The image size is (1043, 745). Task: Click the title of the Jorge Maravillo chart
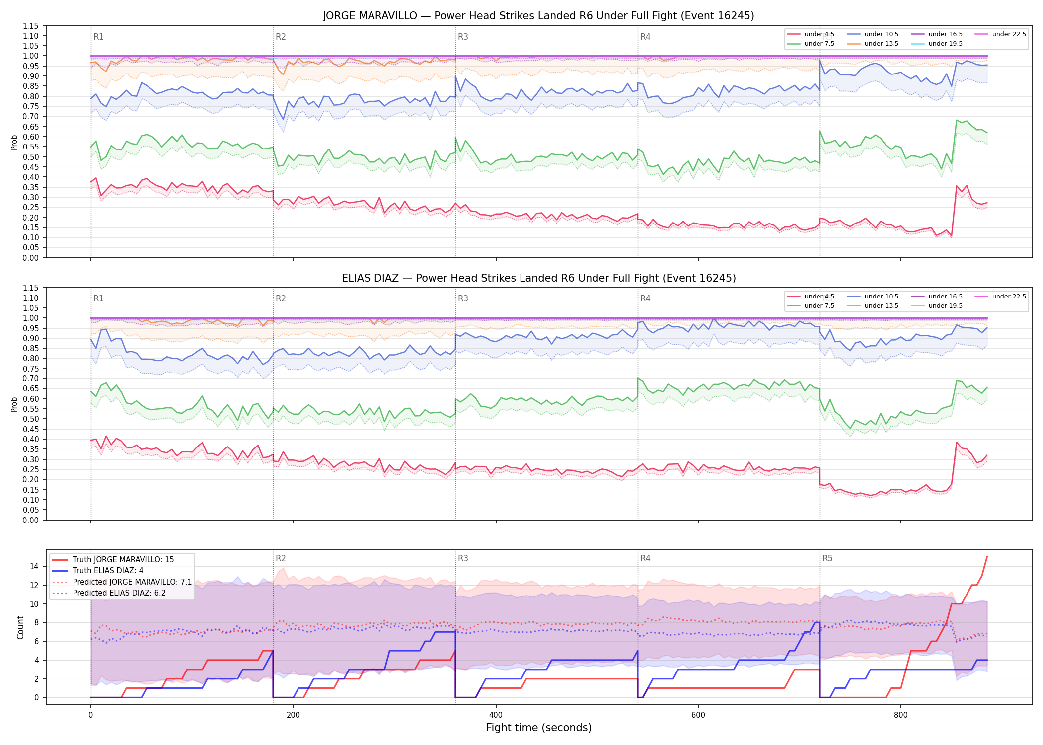click(x=538, y=16)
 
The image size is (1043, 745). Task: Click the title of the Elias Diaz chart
click(x=538, y=278)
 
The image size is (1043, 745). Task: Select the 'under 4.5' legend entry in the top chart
click(x=811, y=34)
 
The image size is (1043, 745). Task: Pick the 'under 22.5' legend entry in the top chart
click(x=1000, y=34)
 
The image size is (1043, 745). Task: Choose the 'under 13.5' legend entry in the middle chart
click(x=873, y=306)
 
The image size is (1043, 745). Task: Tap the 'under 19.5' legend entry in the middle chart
click(x=937, y=306)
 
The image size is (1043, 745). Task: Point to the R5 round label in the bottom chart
click(x=827, y=558)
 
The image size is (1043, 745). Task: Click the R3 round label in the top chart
click(x=463, y=37)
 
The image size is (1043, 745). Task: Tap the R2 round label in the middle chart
click(x=281, y=298)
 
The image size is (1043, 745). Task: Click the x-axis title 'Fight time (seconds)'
click(x=539, y=728)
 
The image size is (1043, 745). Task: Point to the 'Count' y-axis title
click(x=20, y=627)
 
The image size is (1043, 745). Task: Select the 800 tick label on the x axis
click(x=900, y=715)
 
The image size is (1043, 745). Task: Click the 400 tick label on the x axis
click(x=496, y=715)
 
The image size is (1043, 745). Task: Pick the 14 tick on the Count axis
click(x=34, y=566)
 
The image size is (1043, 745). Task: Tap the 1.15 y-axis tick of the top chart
click(x=31, y=26)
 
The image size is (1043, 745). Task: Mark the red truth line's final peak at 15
click(x=987, y=557)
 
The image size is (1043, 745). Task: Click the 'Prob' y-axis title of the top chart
click(x=14, y=143)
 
